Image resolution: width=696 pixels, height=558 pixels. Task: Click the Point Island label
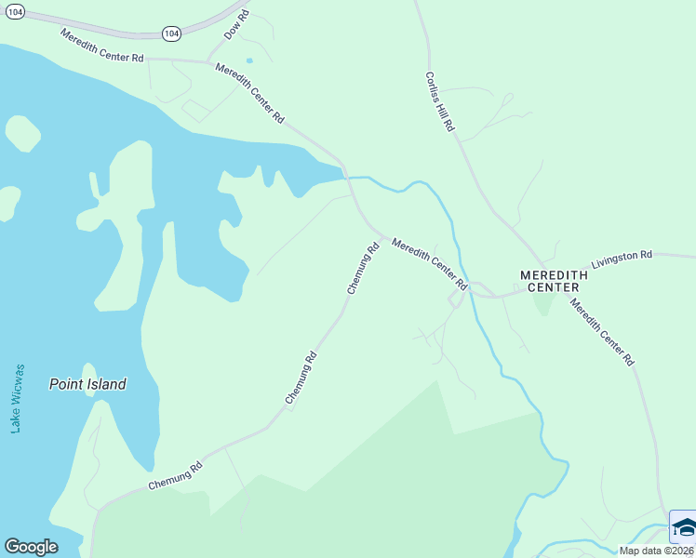click(x=87, y=383)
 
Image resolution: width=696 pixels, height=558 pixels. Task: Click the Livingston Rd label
click(x=622, y=258)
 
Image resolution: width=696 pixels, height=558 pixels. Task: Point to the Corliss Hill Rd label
click(x=439, y=101)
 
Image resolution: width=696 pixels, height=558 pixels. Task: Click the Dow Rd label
click(x=237, y=25)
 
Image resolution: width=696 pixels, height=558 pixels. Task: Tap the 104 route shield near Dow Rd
click(x=170, y=33)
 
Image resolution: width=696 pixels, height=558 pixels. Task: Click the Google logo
click(x=31, y=546)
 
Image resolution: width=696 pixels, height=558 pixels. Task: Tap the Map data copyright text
click(x=656, y=551)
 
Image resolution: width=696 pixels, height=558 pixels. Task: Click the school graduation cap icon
click(x=684, y=527)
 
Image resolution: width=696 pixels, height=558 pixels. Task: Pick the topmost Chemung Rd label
click(x=364, y=269)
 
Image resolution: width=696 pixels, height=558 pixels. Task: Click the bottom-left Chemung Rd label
click(x=175, y=477)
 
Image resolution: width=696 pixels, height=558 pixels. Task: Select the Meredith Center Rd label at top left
click(x=102, y=46)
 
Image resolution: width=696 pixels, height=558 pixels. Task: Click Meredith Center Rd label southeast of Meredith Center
click(x=603, y=332)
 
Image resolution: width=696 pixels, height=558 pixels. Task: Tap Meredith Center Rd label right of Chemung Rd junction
click(x=428, y=263)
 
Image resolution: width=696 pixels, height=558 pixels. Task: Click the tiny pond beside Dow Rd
click(x=249, y=61)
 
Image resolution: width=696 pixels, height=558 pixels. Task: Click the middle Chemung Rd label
click(x=301, y=378)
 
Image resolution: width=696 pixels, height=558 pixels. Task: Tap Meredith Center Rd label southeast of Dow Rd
click(x=249, y=94)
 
